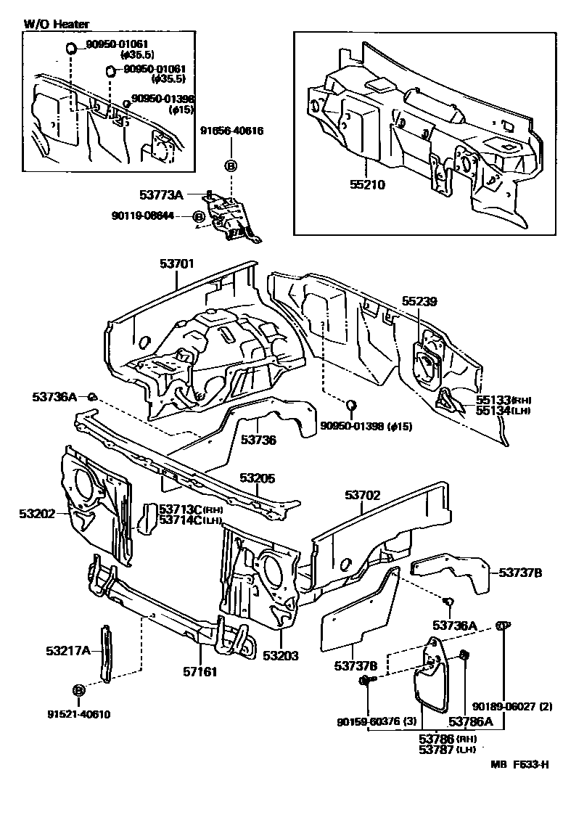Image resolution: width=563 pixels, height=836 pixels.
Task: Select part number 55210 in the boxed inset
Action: coord(368,184)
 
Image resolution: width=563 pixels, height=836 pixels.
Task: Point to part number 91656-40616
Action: coord(231,131)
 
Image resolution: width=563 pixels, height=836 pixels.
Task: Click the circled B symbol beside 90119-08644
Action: coord(198,216)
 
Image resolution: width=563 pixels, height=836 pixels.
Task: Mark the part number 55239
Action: coord(420,300)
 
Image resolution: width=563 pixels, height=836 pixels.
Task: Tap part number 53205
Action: coord(258,478)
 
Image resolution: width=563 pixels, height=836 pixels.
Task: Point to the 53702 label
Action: coord(363,495)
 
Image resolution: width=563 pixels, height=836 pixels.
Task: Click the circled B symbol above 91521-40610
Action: coord(78,689)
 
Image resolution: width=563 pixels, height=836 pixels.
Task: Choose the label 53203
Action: coord(281,655)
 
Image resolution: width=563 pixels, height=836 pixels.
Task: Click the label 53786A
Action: coord(470,721)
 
